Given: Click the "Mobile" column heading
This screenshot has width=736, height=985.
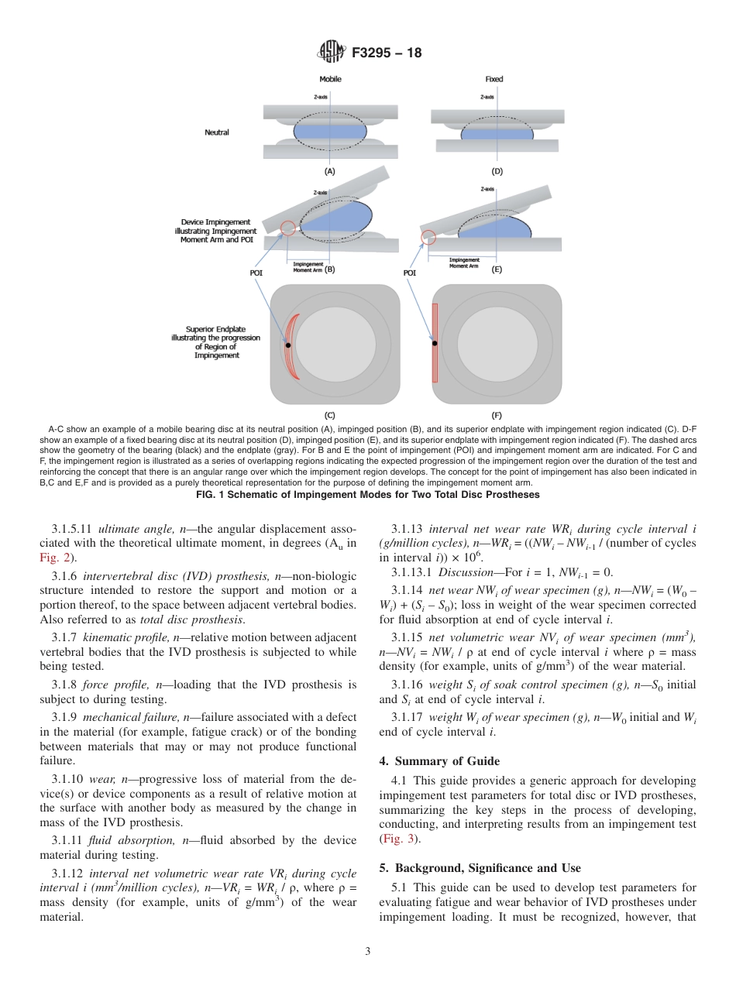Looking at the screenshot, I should pos(330,79).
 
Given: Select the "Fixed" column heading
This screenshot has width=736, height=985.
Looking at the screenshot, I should pos(494,79).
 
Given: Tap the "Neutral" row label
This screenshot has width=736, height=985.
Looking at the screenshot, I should pos(217,132).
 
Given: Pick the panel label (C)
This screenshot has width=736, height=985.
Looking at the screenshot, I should pos(329,415).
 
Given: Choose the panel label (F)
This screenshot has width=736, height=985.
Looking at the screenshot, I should pos(497,415).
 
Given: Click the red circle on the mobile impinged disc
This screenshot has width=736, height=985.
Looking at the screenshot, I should pos(287,228).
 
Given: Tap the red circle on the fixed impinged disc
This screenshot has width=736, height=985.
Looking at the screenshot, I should pos(428,236).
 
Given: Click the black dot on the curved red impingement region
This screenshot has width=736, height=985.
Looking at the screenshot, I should pos(288,345).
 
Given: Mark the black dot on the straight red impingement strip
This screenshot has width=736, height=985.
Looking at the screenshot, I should pos(435,343).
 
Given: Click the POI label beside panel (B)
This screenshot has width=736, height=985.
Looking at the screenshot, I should pos(256,273).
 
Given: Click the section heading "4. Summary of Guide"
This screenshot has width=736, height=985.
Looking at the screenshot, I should pos(439,761).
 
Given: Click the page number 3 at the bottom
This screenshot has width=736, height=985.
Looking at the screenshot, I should pos(368,952).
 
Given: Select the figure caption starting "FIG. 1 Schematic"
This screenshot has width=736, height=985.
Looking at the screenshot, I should pos(368,495).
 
